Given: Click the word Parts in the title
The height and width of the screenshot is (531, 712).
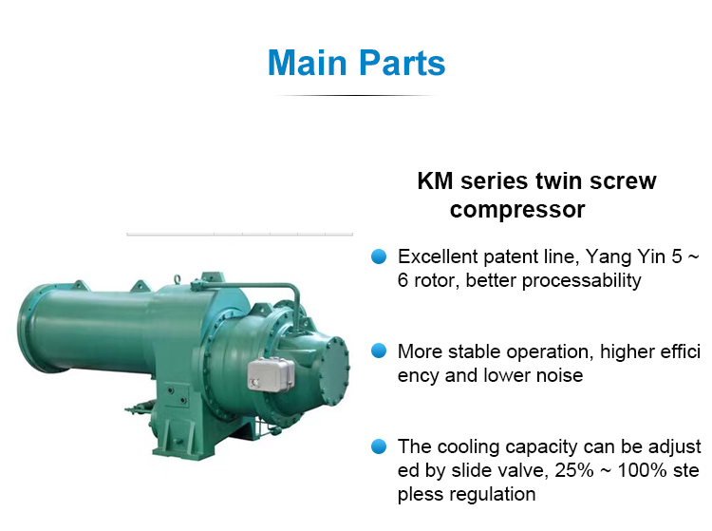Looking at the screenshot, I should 402,63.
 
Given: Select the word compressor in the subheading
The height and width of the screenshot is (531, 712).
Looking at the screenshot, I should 517,209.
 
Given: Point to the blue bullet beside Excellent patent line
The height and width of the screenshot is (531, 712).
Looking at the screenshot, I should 379,256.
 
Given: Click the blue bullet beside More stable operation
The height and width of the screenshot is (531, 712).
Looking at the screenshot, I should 379,351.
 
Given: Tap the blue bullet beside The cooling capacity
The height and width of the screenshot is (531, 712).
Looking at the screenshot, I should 379,446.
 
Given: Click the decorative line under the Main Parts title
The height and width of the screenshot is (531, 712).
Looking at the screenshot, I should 355,95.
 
